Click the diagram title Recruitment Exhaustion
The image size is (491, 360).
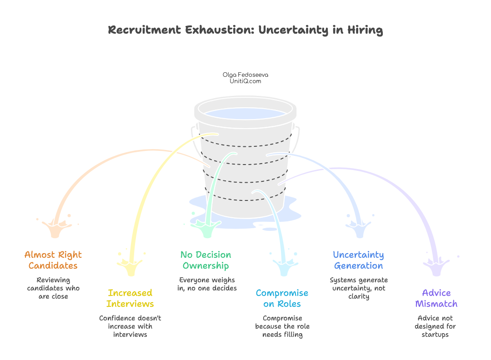[245, 30]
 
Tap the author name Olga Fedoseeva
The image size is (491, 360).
[242, 75]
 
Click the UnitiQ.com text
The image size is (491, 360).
[242, 81]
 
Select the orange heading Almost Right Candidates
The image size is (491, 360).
[53, 260]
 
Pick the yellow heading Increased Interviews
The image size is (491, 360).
[130, 298]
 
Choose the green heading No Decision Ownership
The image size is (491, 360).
[205, 260]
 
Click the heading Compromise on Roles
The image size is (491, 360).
[282, 298]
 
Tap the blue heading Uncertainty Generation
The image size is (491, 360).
[358, 260]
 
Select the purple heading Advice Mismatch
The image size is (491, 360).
[436, 298]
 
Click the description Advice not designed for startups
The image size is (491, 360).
[436, 326]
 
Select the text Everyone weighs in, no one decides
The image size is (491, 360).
[207, 284]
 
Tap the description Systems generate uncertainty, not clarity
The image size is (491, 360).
[359, 288]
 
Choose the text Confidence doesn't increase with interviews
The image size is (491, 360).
[130, 326]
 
